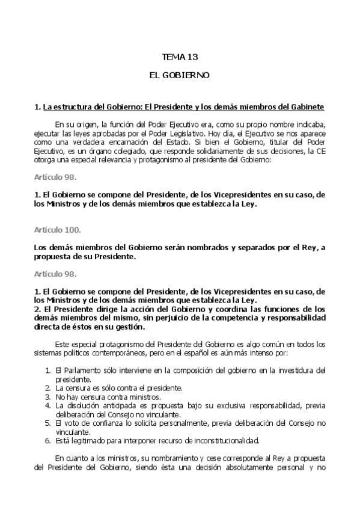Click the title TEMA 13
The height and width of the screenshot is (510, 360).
click(180, 57)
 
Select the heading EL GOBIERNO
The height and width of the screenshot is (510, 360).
click(180, 76)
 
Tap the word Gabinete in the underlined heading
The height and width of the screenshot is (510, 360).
click(307, 107)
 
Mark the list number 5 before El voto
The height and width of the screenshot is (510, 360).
click(48, 423)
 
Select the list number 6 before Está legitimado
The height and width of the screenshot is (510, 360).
click(48, 440)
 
